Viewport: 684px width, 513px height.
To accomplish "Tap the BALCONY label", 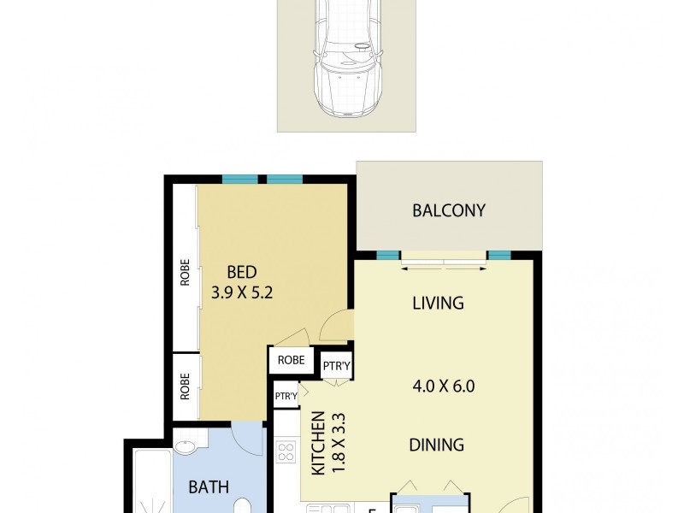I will (449, 210).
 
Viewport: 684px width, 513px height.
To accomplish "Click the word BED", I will (241, 273).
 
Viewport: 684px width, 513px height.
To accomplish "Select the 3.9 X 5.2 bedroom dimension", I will (242, 292).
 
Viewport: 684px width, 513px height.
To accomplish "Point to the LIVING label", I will (438, 303).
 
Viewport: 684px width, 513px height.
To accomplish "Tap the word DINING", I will (436, 445).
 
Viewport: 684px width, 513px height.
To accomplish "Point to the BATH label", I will (209, 488).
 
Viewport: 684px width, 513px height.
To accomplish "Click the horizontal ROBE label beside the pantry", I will (291, 360).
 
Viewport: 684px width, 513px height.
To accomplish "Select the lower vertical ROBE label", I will (185, 387).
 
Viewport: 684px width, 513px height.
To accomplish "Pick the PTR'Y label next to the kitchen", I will (286, 396).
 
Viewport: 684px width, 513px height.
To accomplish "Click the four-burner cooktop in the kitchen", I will (286, 451).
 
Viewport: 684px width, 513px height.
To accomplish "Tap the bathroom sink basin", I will (185, 447).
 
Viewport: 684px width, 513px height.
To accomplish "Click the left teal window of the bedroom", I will (240, 179).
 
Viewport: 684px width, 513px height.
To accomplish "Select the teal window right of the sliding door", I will (499, 255).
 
